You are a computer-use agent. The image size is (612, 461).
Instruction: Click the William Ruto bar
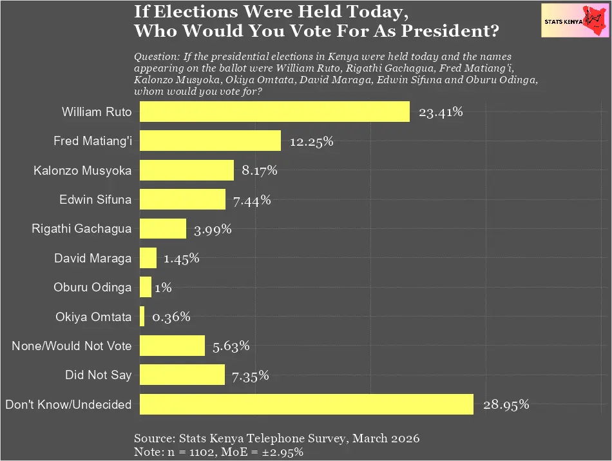coord(274,112)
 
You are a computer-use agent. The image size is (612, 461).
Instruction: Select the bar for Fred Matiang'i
coord(210,141)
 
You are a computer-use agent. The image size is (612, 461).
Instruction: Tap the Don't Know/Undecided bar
coord(307,404)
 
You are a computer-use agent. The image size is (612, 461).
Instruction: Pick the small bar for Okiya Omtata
coord(142,317)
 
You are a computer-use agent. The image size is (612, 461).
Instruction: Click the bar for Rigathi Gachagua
coord(163,229)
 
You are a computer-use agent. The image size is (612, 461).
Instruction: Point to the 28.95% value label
coord(506,405)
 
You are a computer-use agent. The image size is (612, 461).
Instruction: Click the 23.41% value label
coord(441,112)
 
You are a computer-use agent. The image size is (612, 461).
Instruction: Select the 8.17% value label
coord(259,171)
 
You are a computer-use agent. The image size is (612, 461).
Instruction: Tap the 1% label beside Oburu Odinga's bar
coord(163,288)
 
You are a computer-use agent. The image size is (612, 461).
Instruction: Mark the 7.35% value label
coord(251,375)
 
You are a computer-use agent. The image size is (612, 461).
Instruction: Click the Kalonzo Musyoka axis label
coord(82,171)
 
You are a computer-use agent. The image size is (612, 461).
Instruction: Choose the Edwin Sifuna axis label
coord(95,200)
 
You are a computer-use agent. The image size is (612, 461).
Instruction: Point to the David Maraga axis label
coord(93,259)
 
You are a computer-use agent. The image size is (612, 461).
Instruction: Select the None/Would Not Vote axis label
coord(72,346)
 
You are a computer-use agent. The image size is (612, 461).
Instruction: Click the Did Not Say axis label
coord(98,375)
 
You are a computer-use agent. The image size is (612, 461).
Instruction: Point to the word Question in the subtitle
coord(155,57)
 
